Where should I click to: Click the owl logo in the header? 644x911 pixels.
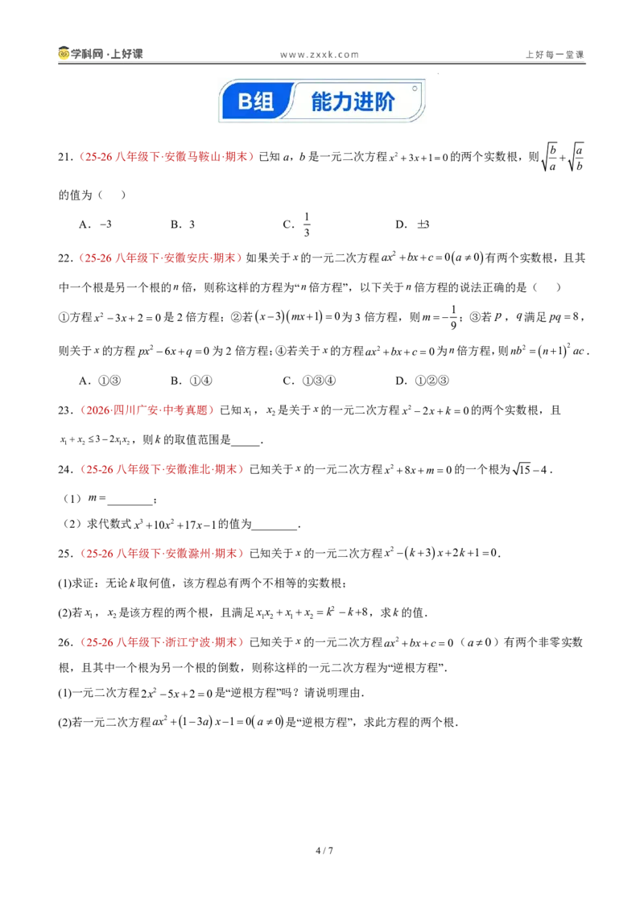tap(64, 53)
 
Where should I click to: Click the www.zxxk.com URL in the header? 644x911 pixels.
tap(319, 55)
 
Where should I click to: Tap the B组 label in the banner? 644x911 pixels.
tap(255, 101)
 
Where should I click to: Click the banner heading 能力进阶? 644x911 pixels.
tap(353, 101)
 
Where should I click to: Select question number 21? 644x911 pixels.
tap(65, 157)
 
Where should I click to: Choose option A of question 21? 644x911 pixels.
tap(95, 225)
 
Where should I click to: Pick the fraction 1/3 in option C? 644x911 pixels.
tap(307, 225)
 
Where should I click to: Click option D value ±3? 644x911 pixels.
tap(423, 225)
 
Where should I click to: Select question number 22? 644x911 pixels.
tap(65, 258)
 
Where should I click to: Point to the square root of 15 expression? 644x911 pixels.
tap(522, 469)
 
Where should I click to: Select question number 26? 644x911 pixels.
tap(65, 642)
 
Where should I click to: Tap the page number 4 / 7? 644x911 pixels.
tap(324, 851)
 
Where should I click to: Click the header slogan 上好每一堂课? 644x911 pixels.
tap(555, 55)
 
